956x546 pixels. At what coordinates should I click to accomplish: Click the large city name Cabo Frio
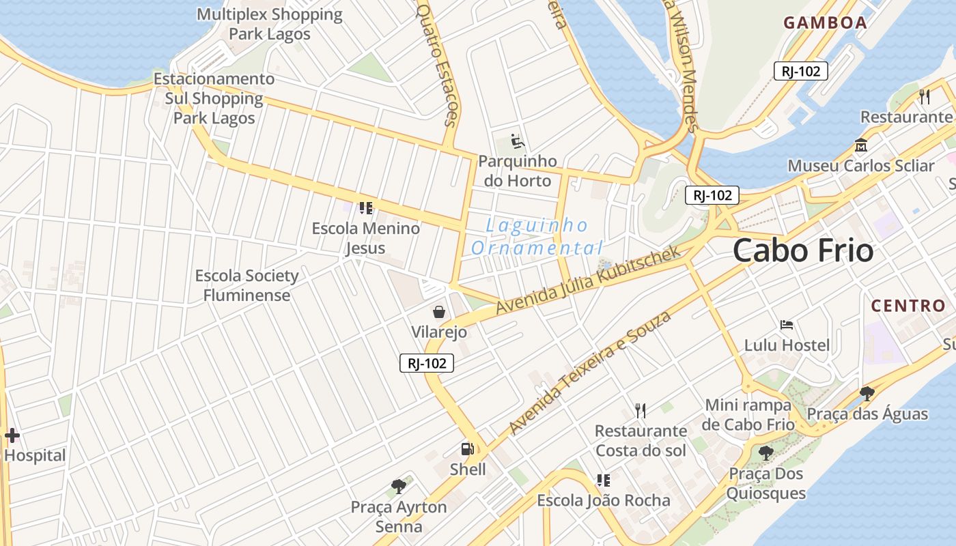point(803,251)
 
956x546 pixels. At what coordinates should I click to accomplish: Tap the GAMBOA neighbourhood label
point(825,23)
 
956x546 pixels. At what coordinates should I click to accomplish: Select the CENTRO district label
point(908,305)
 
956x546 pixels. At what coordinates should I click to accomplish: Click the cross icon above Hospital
point(12,435)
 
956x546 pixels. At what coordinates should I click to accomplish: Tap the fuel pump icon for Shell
point(468,449)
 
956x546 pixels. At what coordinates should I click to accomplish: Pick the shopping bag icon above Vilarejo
point(439,312)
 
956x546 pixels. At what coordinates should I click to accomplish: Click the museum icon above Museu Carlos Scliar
point(860,145)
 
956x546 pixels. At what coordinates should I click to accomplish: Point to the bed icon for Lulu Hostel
point(787,325)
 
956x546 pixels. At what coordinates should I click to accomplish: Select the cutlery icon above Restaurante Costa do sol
point(640,410)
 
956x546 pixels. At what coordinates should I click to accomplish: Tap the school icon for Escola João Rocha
point(603,480)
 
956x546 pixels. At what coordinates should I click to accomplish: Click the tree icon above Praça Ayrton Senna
point(399,487)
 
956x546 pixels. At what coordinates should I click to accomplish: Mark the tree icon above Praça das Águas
point(867,393)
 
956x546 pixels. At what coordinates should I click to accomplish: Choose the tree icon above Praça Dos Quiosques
point(765,452)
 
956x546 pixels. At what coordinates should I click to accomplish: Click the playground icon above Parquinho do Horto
point(518,142)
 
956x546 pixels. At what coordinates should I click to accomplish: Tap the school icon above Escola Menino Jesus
point(366,207)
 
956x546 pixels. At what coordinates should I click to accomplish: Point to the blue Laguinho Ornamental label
point(537,236)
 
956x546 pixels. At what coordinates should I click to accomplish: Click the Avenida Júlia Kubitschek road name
point(588,281)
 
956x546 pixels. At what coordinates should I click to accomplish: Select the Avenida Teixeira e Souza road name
point(590,373)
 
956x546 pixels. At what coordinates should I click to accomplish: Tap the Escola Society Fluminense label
point(247,285)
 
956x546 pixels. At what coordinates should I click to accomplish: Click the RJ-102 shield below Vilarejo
point(427,364)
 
